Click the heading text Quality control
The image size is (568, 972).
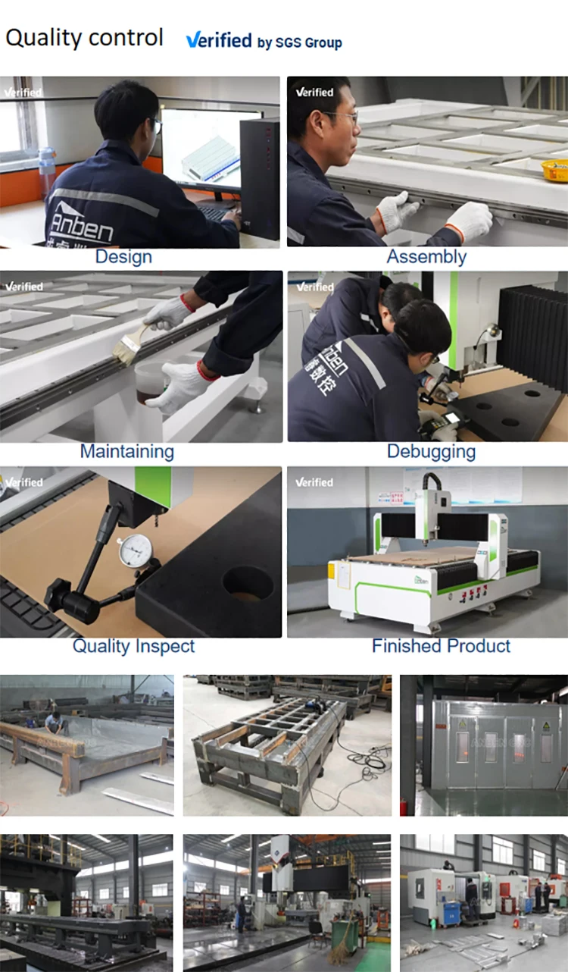tap(84, 37)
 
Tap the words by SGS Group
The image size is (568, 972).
tap(299, 43)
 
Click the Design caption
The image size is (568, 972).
tap(123, 257)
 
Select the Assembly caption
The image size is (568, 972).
tap(426, 257)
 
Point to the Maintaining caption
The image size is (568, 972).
tap(126, 452)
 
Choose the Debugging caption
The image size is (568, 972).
tap(431, 452)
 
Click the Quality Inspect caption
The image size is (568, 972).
tap(133, 647)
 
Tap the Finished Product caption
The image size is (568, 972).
tap(441, 647)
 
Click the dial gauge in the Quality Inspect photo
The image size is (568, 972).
tap(135, 550)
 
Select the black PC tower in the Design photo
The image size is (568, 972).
tap(259, 179)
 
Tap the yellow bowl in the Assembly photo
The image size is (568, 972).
tap(555, 169)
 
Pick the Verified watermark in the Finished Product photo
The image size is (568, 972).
tap(314, 482)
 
